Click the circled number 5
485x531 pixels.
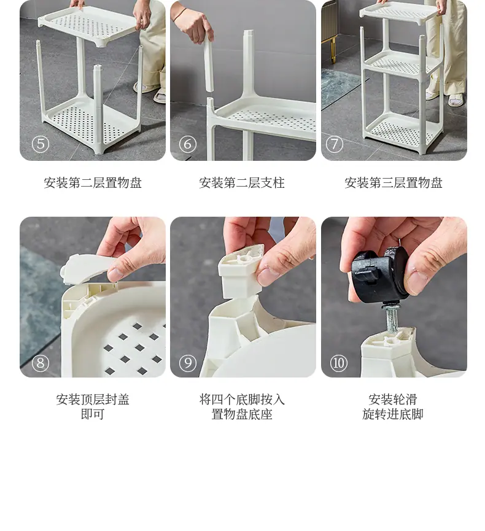pyautogui.click(x=41, y=144)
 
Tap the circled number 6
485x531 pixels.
pyautogui.click(x=188, y=144)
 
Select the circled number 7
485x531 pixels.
pyautogui.click(x=335, y=144)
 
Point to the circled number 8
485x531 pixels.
pyautogui.click(x=41, y=363)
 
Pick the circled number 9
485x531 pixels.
pyautogui.click(x=188, y=363)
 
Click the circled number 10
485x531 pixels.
pyautogui.click(x=338, y=363)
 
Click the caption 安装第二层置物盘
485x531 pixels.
pyautogui.click(x=93, y=183)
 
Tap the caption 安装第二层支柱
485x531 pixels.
pyautogui.click(x=242, y=183)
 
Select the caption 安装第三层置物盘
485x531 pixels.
pyautogui.click(x=394, y=183)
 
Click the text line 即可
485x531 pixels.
pyautogui.click(x=93, y=414)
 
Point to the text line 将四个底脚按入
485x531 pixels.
pyautogui.click(x=242, y=400)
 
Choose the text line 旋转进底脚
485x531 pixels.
pyautogui.click(x=393, y=414)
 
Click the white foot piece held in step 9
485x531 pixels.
pyautogui.click(x=241, y=271)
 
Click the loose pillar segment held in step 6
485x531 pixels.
pyautogui.click(x=209, y=64)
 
